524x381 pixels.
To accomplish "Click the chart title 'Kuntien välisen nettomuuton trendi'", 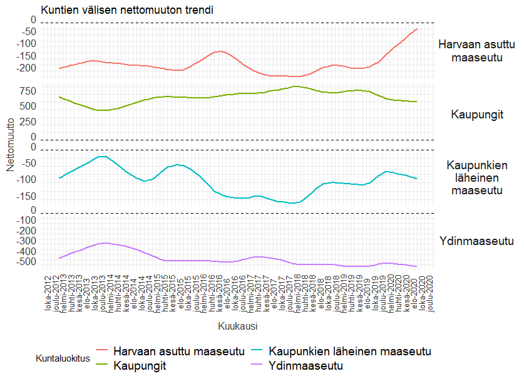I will [x=127, y=10].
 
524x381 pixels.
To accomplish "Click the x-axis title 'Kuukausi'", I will [x=238, y=326].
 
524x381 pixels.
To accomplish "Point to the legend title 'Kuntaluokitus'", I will [x=63, y=358].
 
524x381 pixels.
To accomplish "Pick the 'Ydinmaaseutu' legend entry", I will [x=306, y=365].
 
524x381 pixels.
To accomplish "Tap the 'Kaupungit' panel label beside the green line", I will [x=477, y=115].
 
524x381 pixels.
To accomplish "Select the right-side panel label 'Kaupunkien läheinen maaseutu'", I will [x=477, y=177].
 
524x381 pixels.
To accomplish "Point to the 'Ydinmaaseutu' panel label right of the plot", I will [x=477, y=241].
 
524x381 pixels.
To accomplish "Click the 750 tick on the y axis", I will [x=28, y=91].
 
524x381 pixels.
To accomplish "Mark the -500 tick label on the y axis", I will [x=26, y=262].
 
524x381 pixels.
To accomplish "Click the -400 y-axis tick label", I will [x=26, y=251].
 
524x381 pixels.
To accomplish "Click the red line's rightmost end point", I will [x=417, y=29].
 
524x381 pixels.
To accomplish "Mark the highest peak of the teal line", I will [x=102, y=156].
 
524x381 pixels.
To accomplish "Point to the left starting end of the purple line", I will [x=59, y=258].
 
